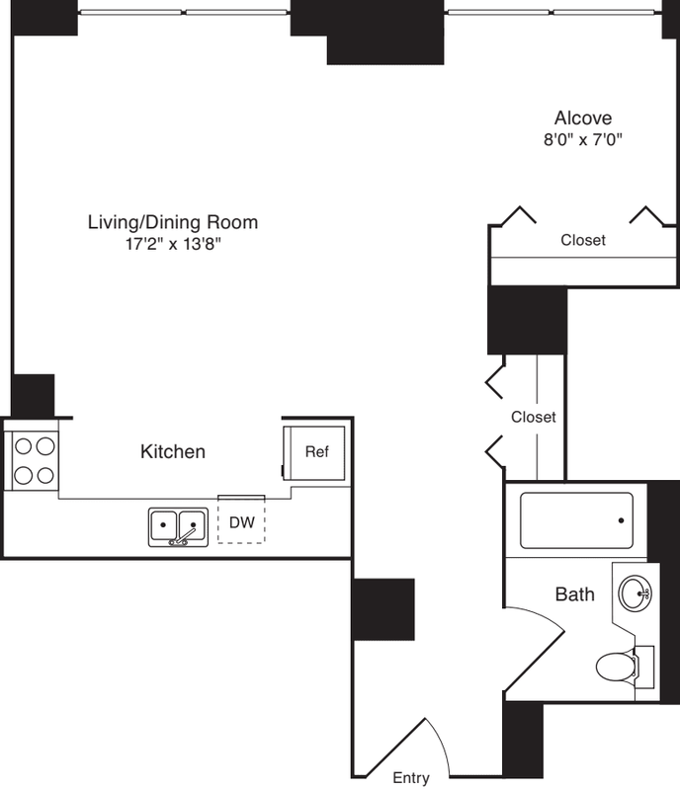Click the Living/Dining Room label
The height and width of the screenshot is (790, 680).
point(173,222)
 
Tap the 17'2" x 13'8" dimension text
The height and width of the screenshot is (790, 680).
point(173,244)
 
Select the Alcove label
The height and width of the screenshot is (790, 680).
point(583,118)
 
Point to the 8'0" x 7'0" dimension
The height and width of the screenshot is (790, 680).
point(582,139)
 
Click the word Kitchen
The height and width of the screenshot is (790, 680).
point(173,451)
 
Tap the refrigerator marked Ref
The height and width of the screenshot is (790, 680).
point(314,452)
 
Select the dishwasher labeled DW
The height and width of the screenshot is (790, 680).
point(241,520)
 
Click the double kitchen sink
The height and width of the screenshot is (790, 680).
point(178,527)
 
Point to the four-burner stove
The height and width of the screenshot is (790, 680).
point(35,460)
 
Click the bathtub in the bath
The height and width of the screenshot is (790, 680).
point(576,520)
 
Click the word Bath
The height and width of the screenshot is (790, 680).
point(574,594)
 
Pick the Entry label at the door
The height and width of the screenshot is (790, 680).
point(411,777)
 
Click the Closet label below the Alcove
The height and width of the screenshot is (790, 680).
point(583,240)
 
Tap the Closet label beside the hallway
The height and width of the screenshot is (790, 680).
point(533,417)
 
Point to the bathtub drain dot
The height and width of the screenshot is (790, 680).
point(621,520)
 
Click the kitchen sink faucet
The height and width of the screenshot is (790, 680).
point(184,537)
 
